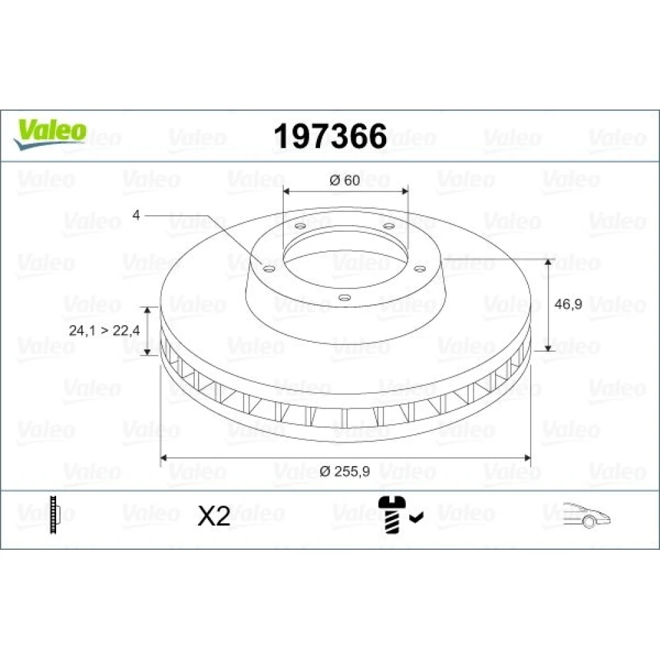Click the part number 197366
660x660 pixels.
(330, 137)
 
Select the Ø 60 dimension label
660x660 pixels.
(345, 181)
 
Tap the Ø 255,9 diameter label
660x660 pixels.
(345, 471)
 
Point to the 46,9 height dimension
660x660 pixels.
(568, 304)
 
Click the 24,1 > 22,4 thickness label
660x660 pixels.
(104, 331)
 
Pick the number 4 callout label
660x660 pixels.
(136, 215)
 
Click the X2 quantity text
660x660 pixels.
(214, 515)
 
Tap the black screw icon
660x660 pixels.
(391, 514)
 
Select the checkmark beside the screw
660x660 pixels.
(416, 517)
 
